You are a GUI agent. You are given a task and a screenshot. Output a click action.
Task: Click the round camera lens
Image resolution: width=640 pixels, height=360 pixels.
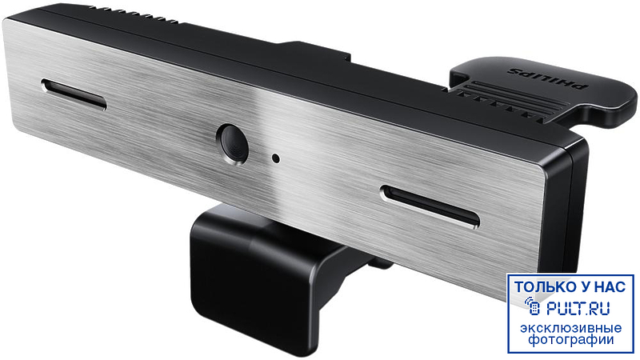point(232,144)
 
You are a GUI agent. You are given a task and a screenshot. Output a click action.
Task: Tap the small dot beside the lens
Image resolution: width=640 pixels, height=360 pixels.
point(276,158)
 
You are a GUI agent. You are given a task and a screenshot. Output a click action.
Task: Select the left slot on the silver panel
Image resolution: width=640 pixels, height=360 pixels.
point(74,94)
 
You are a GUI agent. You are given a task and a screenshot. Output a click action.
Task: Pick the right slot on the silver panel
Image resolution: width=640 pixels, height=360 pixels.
point(430,206)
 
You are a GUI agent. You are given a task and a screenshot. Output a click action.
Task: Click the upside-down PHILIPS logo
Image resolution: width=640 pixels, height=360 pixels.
point(547,78)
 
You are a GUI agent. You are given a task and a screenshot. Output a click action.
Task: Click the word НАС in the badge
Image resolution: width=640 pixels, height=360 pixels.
point(610,286)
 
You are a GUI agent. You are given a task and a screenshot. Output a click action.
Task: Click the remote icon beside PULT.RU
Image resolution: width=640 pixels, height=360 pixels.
point(533,306)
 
